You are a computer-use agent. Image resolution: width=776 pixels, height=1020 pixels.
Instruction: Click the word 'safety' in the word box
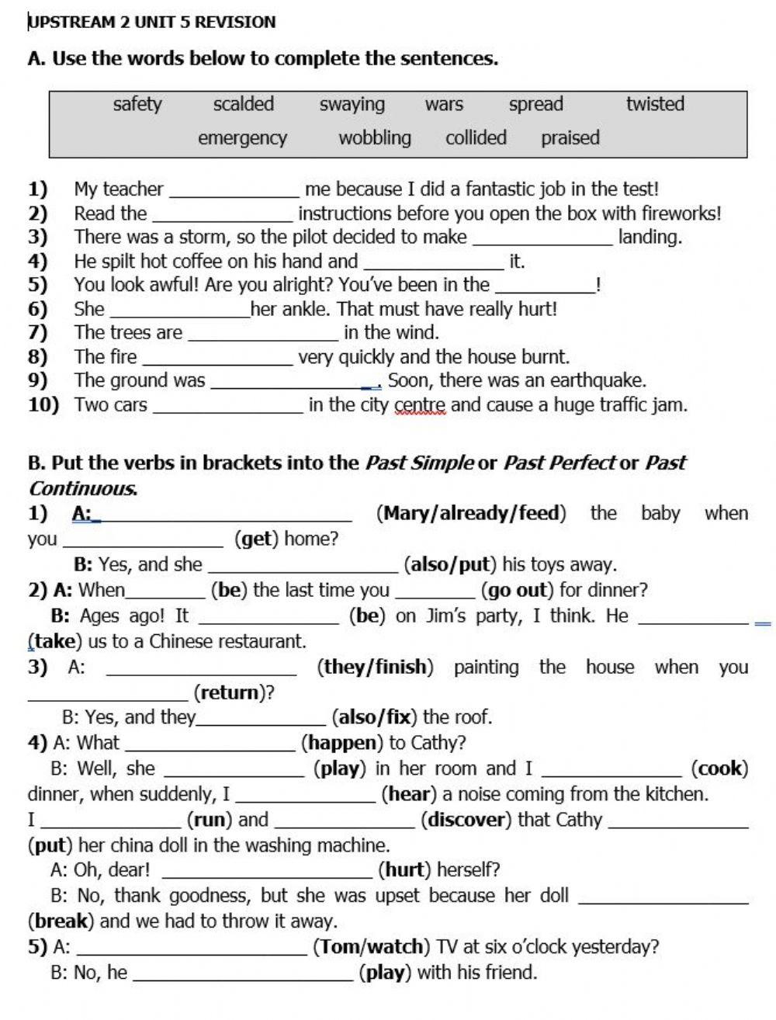[137, 104]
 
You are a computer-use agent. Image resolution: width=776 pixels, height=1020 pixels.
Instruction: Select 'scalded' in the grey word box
[244, 104]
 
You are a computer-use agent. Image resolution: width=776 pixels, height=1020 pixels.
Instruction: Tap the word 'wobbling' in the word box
[375, 138]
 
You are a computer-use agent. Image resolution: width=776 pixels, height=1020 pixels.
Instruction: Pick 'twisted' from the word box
[655, 104]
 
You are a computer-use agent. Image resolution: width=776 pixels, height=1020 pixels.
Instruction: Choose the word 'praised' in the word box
[570, 138]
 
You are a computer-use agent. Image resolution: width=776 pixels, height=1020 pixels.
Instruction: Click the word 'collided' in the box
[476, 138]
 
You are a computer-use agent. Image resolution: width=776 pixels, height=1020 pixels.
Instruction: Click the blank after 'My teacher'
[234, 191]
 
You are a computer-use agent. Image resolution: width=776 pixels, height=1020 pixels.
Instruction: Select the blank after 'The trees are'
[263, 335]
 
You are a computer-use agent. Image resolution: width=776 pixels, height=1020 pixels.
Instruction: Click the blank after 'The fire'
[217, 359]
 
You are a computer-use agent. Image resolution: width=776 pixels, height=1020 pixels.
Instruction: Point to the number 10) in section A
[43, 405]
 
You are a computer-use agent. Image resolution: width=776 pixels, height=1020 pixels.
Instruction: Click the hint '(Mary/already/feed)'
[471, 513]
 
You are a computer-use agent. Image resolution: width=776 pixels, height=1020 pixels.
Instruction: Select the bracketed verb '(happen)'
[342, 743]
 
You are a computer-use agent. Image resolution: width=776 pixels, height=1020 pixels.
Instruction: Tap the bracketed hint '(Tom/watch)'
[371, 947]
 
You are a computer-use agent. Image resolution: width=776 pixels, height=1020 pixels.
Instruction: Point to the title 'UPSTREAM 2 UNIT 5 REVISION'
[152, 22]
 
